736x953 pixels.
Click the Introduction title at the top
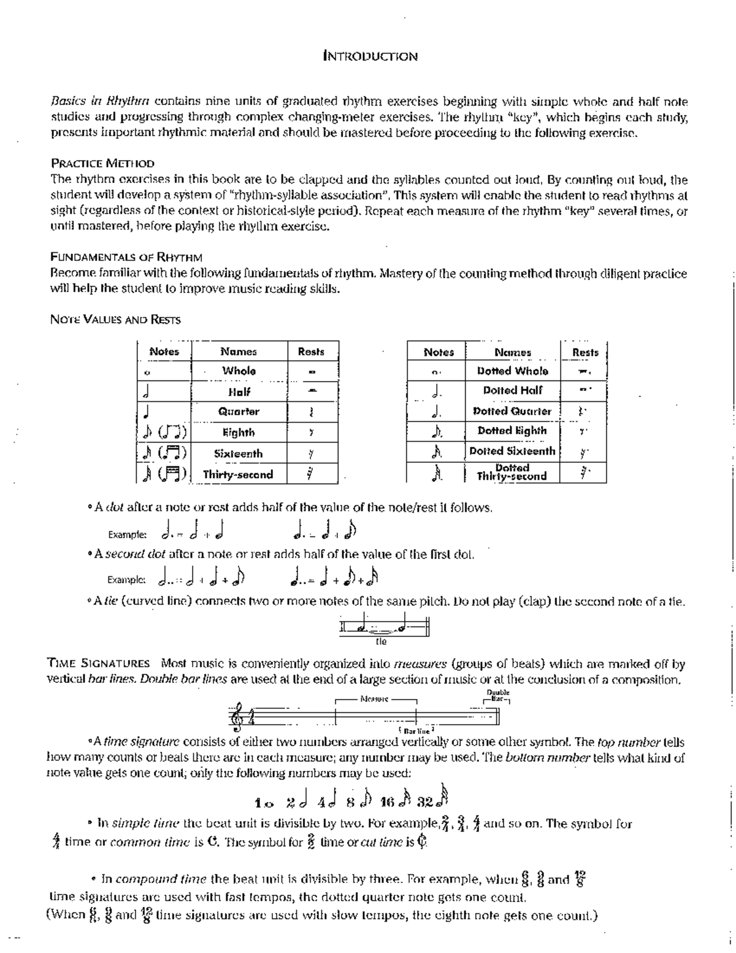click(370, 56)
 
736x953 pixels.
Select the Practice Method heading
click(102, 163)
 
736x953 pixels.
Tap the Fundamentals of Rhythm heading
click(126, 257)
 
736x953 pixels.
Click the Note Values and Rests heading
click(115, 319)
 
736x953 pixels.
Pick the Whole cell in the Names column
click(239, 371)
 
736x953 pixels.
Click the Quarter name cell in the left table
click(239, 412)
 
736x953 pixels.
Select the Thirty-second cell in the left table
click(238, 474)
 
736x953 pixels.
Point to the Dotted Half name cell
click(512, 390)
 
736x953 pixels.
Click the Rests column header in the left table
click(311, 352)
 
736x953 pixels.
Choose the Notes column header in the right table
click(439, 352)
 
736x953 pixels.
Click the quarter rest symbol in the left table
click(312, 412)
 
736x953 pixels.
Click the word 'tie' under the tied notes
click(381, 642)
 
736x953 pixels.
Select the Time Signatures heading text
click(99, 663)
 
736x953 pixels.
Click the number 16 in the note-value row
click(387, 802)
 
